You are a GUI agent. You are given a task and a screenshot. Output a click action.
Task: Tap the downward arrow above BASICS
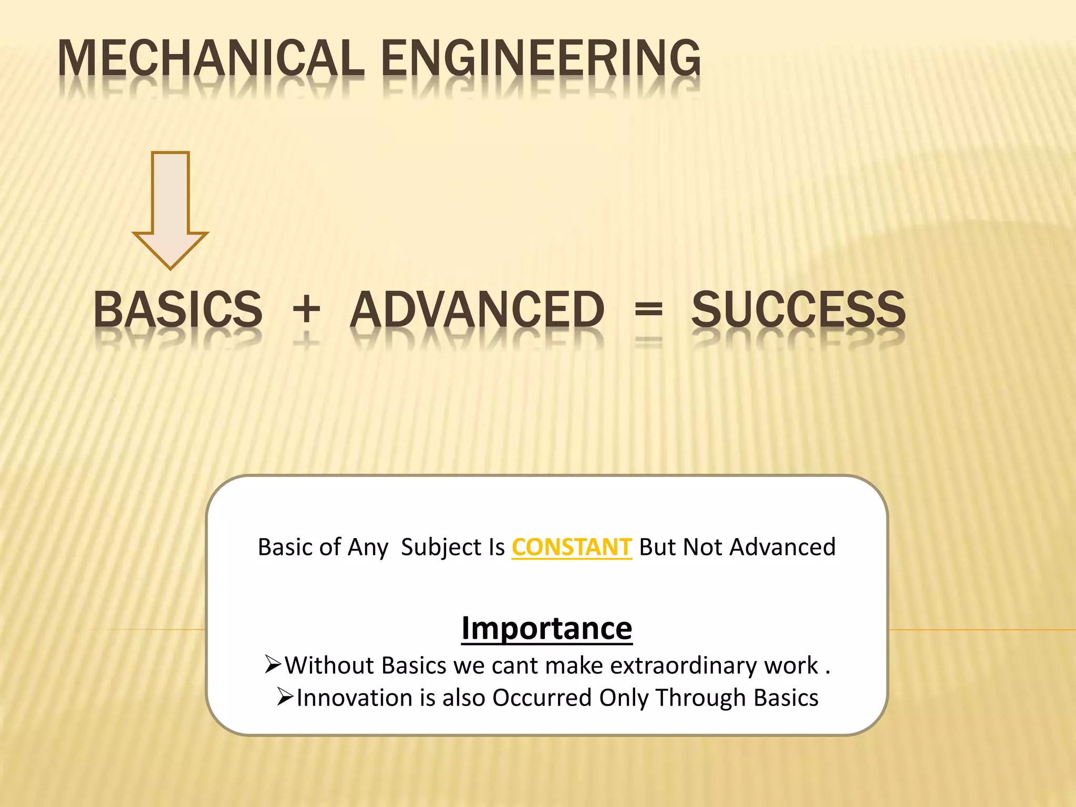tap(170, 210)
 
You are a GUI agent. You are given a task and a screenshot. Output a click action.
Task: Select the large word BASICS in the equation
tap(178, 310)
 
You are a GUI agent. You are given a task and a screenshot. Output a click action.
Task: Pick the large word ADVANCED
tap(477, 310)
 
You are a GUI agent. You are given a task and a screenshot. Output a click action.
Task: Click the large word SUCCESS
tap(798, 310)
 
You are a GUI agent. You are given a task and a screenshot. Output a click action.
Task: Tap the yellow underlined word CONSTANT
tap(571, 547)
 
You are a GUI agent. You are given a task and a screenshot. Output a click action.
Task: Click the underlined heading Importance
tap(546, 628)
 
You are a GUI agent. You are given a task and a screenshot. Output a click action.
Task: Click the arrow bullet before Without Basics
tap(273, 665)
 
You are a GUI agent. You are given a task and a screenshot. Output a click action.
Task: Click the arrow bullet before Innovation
tap(285, 697)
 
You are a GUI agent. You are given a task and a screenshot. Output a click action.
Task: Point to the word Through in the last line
tap(701, 698)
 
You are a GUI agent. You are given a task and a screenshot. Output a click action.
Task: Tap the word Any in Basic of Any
tap(368, 547)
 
